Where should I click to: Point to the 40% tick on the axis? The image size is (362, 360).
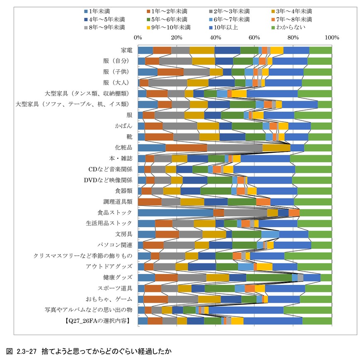[x=216, y=37]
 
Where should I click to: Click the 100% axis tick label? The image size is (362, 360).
[x=332, y=37]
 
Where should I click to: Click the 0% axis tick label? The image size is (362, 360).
[x=138, y=37]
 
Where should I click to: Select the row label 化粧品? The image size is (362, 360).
[x=124, y=147]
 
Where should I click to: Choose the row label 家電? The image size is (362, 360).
[x=126, y=50]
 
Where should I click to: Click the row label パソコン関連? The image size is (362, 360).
[x=115, y=245]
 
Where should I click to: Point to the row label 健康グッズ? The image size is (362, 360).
[x=118, y=277]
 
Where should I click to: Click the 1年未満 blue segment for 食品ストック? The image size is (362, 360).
[x=175, y=213]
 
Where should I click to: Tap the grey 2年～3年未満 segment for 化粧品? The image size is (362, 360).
[x=235, y=147]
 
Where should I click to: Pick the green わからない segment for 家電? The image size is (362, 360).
[x=321, y=50]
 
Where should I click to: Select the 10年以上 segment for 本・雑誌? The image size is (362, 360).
[x=265, y=158]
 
